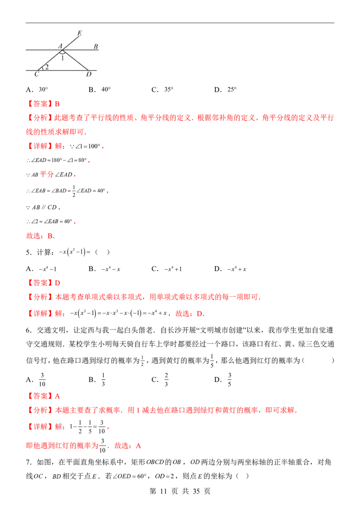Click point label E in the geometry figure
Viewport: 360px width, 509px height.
click(80, 33)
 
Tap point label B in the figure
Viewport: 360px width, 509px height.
click(96, 47)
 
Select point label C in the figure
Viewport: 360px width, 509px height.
click(36, 74)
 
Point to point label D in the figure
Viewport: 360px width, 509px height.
click(89, 74)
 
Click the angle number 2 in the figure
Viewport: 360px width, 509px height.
click(47, 67)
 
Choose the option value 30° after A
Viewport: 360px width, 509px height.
click(43, 89)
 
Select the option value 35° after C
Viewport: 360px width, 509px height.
click(169, 89)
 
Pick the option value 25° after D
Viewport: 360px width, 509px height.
click(232, 89)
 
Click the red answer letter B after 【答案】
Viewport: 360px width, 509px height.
click(57, 104)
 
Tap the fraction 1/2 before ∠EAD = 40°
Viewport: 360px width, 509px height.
click(74, 191)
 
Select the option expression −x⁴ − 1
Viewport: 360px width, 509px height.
click(47, 269)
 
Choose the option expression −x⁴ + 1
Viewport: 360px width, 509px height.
click(173, 269)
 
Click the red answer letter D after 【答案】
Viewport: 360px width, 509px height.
click(58, 283)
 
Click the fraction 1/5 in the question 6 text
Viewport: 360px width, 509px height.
click(212, 361)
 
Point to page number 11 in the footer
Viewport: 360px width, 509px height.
click(163, 491)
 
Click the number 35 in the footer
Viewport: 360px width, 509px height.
click(196, 491)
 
